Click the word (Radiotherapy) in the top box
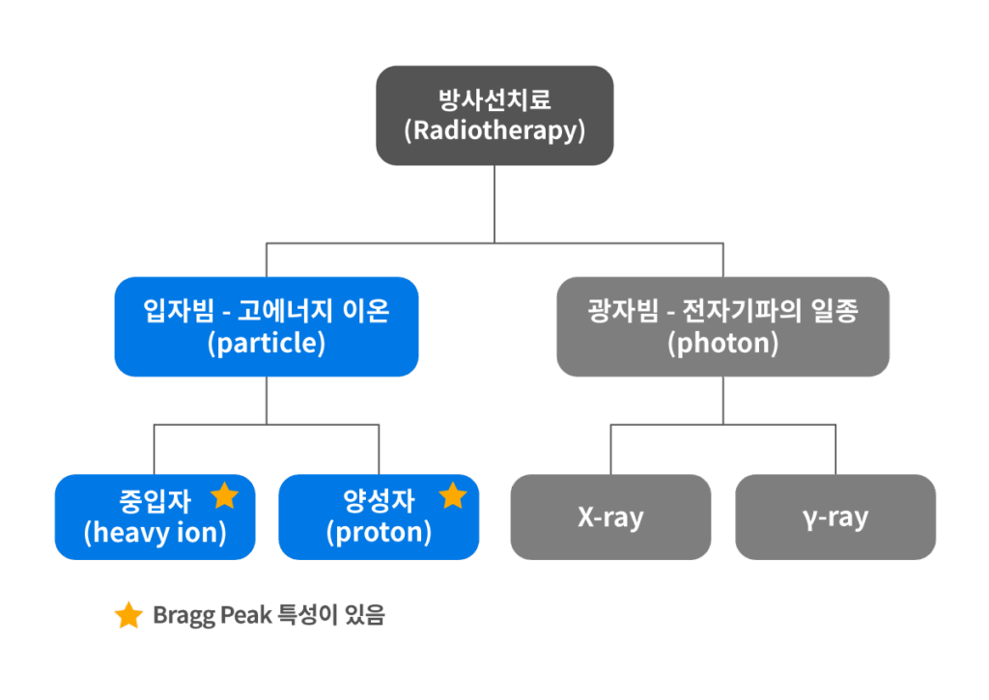pyautogui.click(x=494, y=130)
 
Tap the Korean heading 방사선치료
pyautogui.click(x=494, y=100)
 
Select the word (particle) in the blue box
pyautogui.click(x=267, y=343)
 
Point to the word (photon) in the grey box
pyautogui.click(x=722, y=343)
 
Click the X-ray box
pyautogui.click(x=610, y=518)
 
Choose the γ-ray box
pyautogui.click(x=835, y=518)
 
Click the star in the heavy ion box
pyautogui.click(x=224, y=496)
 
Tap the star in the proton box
pyautogui.click(x=452, y=496)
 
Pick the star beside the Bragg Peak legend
pyautogui.click(x=128, y=615)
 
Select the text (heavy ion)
pyautogui.click(x=155, y=532)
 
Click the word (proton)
pyautogui.click(x=379, y=532)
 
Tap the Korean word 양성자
pyautogui.click(x=380, y=501)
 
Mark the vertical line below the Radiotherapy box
pyautogui.click(x=494, y=203)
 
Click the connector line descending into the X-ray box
pyautogui.click(x=610, y=449)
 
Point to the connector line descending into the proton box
pyautogui.click(x=379, y=449)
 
